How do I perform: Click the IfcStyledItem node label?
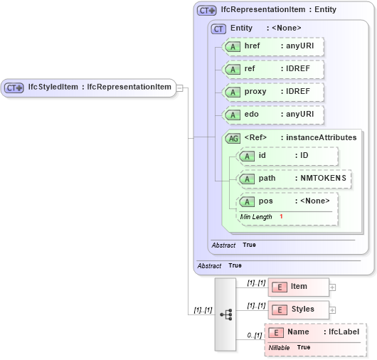tap(100, 88)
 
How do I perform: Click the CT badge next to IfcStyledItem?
tap(14, 88)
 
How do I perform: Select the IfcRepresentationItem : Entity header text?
tap(278, 10)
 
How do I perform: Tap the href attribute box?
tap(273, 46)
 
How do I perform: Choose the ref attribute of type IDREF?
tap(273, 69)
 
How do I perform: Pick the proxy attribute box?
tap(273, 92)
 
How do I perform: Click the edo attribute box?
tap(273, 115)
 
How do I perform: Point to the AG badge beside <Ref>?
tap(232, 138)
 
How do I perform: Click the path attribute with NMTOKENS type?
tap(294, 179)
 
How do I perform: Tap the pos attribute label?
tap(266, 201)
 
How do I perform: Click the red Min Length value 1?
tap(281, 216)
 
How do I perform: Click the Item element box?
tap(298, 287)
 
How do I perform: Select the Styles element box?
tap(298, 309)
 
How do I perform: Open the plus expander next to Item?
tap(332, 287)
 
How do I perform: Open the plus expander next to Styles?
tap(332, 310)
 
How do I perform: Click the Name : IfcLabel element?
tap(317, 332)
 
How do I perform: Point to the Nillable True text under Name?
tap(290, 347)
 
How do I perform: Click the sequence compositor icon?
tap(225, 314)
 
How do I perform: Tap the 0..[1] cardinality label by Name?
tap(255, 335)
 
